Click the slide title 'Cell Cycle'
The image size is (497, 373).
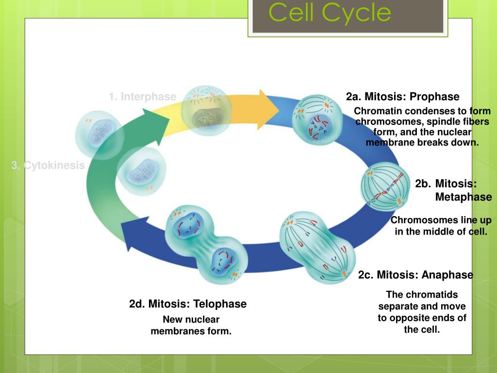click(330, 13)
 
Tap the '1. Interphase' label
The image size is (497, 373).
click(142, 97)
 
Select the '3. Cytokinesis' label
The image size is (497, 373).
click(48, 166)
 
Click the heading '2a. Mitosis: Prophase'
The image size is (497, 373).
click(402, 97)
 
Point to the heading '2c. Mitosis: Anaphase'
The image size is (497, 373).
click(415, 275)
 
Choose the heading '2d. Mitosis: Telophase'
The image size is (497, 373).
click(188, 304)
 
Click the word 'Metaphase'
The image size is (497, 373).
click(464, 197)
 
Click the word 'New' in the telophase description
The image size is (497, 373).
click(172, 320)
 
